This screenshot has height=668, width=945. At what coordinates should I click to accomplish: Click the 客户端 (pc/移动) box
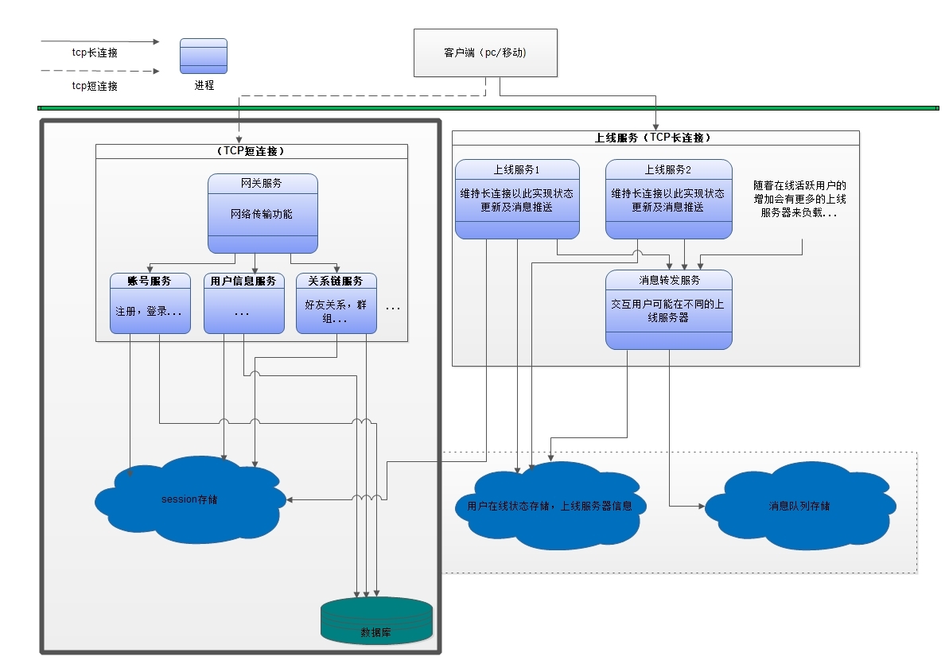(485, 53)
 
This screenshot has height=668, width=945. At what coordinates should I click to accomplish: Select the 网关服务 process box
(262, 213)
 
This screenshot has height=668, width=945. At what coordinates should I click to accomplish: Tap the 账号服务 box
(150, 303)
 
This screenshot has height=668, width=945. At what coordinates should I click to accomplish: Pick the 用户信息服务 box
(244, 303)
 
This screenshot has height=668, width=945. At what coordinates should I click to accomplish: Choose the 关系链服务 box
(336, 303)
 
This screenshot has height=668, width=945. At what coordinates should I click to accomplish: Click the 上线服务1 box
(517, 199)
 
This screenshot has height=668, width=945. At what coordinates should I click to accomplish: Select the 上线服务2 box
(669, 199)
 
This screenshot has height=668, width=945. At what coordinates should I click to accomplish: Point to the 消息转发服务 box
(669, 309)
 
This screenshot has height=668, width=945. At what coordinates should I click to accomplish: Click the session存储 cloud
(190, 499)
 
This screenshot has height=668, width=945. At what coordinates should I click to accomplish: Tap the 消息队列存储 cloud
(799, 506)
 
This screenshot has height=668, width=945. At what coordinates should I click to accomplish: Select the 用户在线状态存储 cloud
(550, 506)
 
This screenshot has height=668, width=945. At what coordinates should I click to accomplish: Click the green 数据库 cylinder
(377, 620)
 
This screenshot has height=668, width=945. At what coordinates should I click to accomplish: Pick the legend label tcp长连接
(95, 53)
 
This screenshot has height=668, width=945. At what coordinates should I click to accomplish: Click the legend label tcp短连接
(95, 86)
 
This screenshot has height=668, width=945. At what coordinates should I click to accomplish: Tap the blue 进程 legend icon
(204, 56)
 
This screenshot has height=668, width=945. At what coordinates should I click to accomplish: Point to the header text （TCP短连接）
(251, 151)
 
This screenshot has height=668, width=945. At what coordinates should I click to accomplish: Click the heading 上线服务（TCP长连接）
(654, 138)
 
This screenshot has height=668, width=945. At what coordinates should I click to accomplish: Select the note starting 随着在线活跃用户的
(799, 199)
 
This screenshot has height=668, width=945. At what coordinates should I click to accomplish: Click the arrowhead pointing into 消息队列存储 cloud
(702, 506)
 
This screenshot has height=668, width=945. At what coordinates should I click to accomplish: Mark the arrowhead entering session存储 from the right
(290, 499)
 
